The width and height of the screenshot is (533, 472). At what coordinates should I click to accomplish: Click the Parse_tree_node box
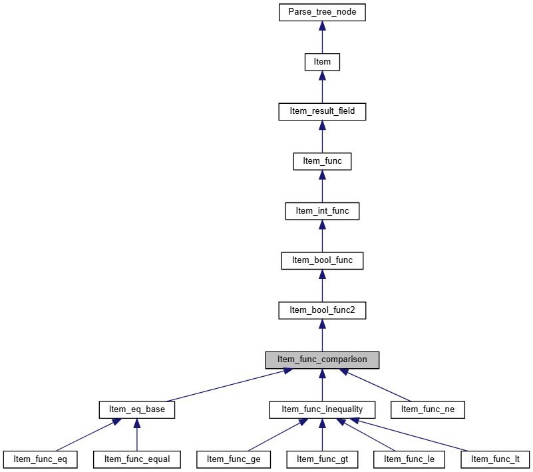pyautogui.click(x=322, y=12)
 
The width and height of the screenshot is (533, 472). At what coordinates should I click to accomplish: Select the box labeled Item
pyautogui.click(x=322, y=62)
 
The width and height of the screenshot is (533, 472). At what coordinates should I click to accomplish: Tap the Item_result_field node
pyautogui.click(x=322, y=112)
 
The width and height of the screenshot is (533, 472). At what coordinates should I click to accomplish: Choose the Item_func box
pyautogui.click(x=322, y=161)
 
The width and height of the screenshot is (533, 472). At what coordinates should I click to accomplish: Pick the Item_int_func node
pyautogui.click(x=322, y=211)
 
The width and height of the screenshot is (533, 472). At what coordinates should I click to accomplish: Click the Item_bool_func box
pyautogui.click(x=322, y=260)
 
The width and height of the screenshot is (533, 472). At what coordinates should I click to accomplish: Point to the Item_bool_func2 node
pyautogui.click(x=322, y=310)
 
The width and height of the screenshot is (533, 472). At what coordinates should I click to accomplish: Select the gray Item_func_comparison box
pyautogui.click(x=322, y=360)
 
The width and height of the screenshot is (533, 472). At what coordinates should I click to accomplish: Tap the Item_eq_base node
pyautogui.click(x=136, y=409)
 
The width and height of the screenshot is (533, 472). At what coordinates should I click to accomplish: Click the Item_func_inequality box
pyautogui.click(x=322, y=409)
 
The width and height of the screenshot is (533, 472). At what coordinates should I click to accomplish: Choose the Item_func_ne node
pyautogui.click(x=428, y=409)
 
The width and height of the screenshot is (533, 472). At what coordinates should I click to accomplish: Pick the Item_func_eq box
pyautogui.click(x=40, y=459)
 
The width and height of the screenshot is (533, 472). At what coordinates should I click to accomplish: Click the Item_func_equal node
pyautogui.click(x=137, y=459)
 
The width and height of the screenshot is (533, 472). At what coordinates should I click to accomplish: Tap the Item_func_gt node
pyautogui.click(x=322, y=459)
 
